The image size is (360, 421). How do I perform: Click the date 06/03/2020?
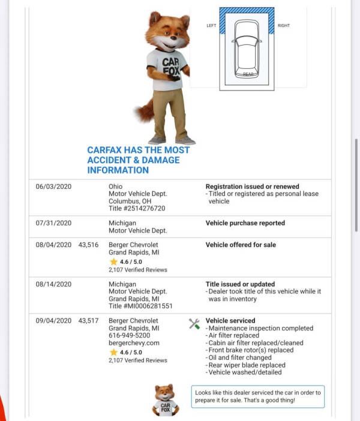[x=53, y=187]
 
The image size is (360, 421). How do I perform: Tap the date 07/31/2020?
[x=53, y=223]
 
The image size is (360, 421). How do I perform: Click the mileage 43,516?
[x=88, y=245]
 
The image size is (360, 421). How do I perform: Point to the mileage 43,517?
[x=88, y=321]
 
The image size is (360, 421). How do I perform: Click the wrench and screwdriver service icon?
[x=194, y=323]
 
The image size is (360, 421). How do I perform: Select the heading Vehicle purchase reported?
[x=245, y=223]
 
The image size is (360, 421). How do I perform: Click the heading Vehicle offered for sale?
[x=241, y=245]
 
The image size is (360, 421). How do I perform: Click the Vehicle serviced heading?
[x=230, y=321]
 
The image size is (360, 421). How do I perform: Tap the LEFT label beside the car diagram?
[x=211, y=26]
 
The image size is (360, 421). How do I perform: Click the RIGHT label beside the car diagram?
[x=284, y=26]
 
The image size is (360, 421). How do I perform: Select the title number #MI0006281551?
[x=140, y=306]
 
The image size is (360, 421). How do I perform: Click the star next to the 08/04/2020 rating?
[x=113, y=262]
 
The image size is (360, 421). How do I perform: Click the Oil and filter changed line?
[x=239, y=357]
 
